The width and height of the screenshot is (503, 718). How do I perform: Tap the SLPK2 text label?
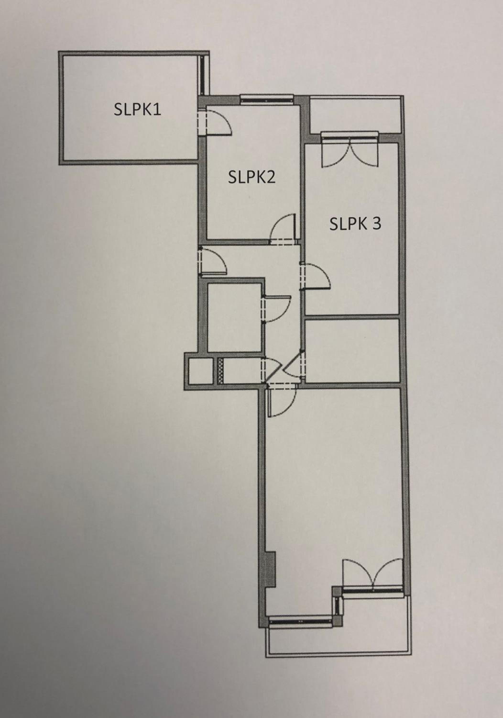(251, 177)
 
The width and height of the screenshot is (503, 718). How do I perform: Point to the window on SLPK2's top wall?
(267, 99)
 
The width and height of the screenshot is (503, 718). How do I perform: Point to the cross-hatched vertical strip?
(221, 371)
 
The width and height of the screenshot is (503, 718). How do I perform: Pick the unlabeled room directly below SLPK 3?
(352, 351)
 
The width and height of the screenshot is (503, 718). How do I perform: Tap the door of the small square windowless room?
(277, 308)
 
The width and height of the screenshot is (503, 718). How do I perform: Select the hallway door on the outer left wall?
(212, 261)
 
